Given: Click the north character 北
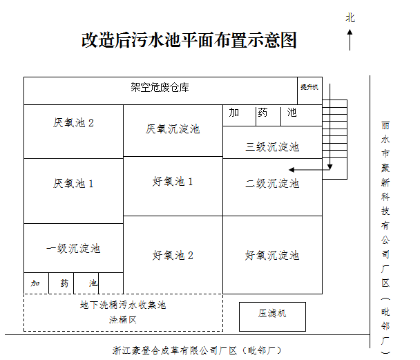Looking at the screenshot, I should [350, 17].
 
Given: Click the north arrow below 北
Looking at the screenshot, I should [350, 39].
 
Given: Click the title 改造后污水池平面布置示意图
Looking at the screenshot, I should [189, 40].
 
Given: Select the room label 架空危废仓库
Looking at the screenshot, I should [160, 88].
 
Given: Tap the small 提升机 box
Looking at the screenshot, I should [309, 88].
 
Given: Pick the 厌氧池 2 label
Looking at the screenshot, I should [73, 123].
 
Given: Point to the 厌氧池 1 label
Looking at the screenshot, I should [73, 183].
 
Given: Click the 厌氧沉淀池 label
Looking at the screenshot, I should [173, 129].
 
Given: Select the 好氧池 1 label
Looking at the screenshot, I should [173, 182].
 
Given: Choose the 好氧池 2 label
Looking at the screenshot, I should [173, 255].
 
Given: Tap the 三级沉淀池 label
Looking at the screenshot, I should [272, 146].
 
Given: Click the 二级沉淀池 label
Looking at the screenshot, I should [272, 183].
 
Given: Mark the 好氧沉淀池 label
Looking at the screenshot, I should [272, 255].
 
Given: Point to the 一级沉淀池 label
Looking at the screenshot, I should [73, 248].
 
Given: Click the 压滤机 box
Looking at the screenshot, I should [272, 314].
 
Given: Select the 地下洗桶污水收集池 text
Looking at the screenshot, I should [123, 304].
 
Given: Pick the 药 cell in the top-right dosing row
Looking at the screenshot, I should [262, 113].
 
